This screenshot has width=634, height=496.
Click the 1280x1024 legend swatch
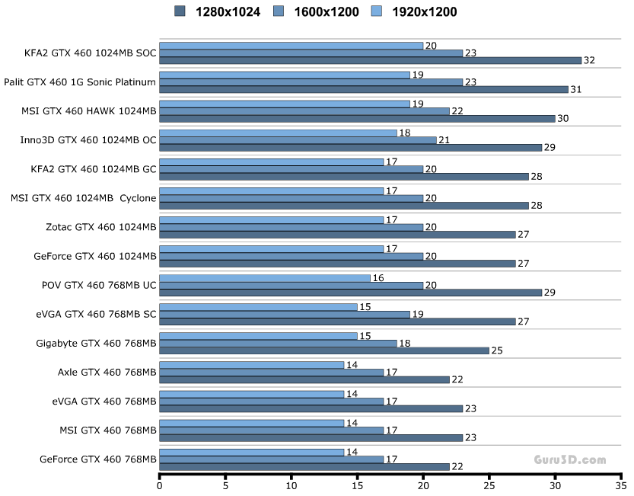[180, 11]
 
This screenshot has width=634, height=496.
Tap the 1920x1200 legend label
[423, 11]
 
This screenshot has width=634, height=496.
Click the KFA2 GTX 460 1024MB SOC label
[90, 53]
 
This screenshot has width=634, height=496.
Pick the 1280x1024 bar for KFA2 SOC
[370, 60]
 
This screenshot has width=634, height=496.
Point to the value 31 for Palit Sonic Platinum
[575, 89]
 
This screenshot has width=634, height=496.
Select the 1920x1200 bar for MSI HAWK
[285, 104]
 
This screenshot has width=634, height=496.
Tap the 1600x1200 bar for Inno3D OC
[298, 140]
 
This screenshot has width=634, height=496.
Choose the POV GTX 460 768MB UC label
[99, 285]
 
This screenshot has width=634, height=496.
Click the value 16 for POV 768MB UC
[378, 278]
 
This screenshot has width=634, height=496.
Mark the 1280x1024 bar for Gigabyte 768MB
[324, 350]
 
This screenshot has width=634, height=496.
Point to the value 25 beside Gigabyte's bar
[496, 350]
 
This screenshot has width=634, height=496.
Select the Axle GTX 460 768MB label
[107, 372]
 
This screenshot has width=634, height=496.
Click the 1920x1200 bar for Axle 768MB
[252, 365]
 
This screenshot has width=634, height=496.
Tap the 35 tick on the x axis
[621, 485]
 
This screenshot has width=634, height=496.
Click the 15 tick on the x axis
[357, 485]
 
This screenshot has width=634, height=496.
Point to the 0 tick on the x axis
[160, 485]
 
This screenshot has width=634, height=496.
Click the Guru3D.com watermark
[570, 460]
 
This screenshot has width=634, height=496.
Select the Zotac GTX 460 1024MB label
[101, 227]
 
